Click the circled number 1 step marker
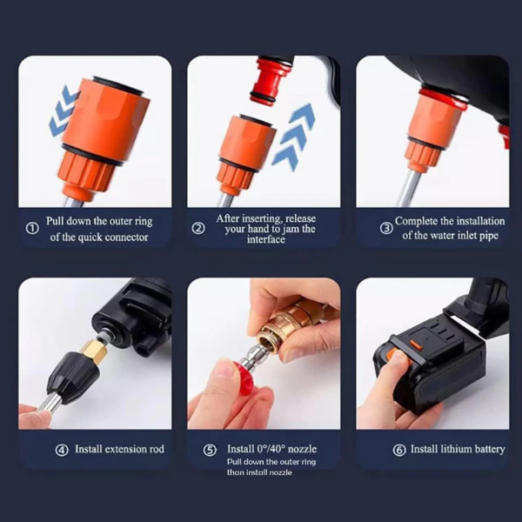[32, 228]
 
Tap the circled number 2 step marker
[198, 228]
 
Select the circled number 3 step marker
[386, 228]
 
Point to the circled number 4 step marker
[62, 450]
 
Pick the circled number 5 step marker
[210, 450]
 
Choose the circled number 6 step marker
[399, 450]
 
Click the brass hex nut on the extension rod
[90, 352]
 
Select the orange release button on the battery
[416, 345]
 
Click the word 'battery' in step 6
[490, 450]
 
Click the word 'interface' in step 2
[266, 239]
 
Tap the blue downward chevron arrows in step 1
[63, 110]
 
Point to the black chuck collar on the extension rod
[74, 374]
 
